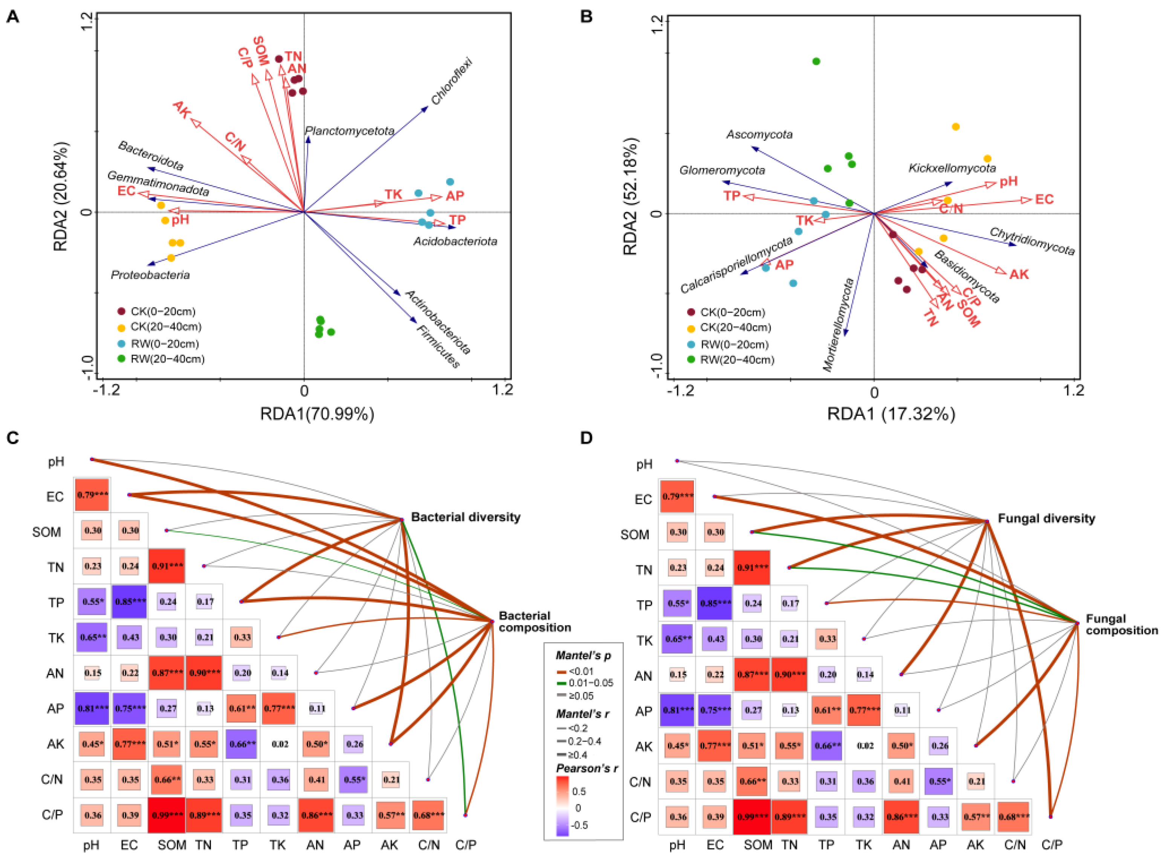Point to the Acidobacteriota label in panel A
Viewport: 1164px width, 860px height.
tap(455, 241)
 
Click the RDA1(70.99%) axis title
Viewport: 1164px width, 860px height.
tap(317, 414)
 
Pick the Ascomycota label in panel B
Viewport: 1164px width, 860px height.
tap(759, 134)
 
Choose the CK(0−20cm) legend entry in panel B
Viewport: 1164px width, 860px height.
tap(732, 312)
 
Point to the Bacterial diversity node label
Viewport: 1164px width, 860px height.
tap(465, 517)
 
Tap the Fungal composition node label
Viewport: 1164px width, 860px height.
tap(1121, 624)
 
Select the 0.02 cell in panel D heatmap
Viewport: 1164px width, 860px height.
tap(864, 745)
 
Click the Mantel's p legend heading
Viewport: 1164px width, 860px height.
tap(583, 655)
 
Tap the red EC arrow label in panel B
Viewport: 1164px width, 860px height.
tap(1044, 199)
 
